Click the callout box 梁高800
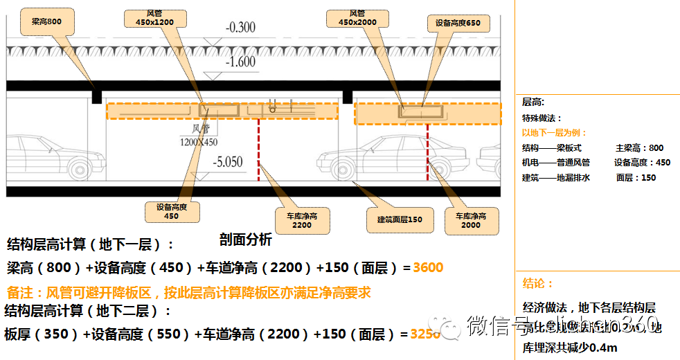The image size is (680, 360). pos(46,21)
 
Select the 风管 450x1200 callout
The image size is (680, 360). pos(154,19)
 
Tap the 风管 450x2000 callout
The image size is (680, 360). pos(357,18)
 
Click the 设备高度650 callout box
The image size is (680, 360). pos(458,24)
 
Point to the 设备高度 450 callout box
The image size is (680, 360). pos(171,211)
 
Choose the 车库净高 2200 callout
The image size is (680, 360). pos(302,220)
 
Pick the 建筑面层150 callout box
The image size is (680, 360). pos(395,219)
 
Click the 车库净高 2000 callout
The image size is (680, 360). pos(472,220)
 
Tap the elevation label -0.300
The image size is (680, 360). pos(240,28)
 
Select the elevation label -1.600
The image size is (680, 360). pos(240,62)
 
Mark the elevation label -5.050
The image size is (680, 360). pos(227,163)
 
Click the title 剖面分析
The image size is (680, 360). pos(245,240)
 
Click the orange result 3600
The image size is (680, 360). pos(428,267)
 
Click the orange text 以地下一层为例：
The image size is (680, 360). pos(554,133)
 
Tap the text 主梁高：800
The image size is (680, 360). pos(639,147)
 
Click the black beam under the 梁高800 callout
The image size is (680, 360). pos(97,95)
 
